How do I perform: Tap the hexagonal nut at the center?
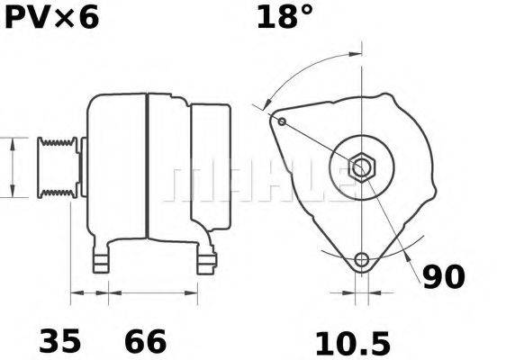[363, 167]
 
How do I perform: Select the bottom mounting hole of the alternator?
[362, 260]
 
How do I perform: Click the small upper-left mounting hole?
[282, 121]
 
